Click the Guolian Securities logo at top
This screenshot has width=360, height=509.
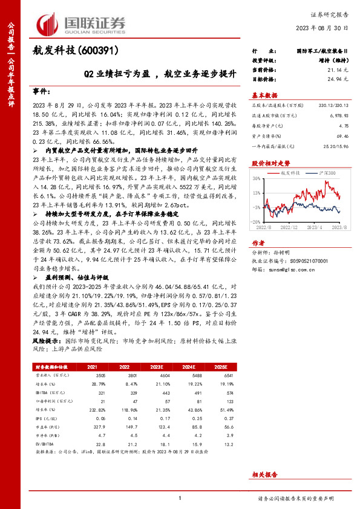(x=81, y=23)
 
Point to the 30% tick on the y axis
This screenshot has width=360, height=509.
(x=257, y=179)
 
